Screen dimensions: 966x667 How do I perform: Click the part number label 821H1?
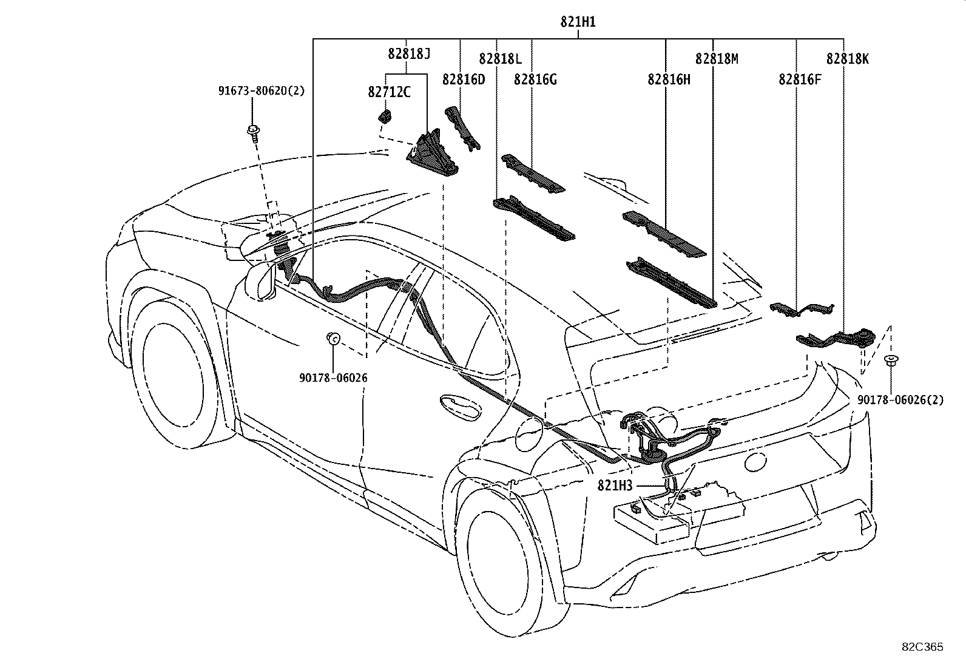(578, 22)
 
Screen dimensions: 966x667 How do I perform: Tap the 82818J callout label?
(409, 53)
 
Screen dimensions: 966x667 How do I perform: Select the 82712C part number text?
(389, 92)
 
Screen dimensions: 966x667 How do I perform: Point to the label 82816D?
(464, 80)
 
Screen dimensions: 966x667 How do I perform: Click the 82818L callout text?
(500, 59)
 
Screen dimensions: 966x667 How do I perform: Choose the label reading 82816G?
(535, 80)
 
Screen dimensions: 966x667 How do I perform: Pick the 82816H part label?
(669, 80)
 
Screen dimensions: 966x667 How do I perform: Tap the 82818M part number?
(717, 59)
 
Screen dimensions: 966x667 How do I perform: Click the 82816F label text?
(800, 80)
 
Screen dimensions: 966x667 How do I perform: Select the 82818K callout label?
(848, 59)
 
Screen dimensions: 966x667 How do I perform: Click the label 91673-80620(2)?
(262, 91)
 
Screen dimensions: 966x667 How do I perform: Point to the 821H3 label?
(615, 486)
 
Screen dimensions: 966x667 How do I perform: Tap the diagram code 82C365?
(922, 647)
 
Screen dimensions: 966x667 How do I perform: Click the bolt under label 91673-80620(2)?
(254, 133)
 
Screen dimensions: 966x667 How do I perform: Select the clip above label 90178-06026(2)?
(891, 361)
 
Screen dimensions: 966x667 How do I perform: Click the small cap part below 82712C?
(385, 116)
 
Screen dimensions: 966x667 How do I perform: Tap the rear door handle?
(460, 407)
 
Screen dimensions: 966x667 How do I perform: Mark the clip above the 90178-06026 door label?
(334, 338)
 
